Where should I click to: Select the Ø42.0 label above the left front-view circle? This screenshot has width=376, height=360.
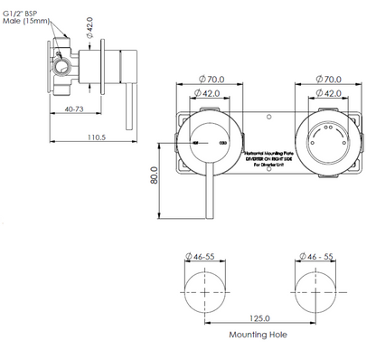point(206,93)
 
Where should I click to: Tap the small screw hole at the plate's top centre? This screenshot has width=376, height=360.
point(269,115)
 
